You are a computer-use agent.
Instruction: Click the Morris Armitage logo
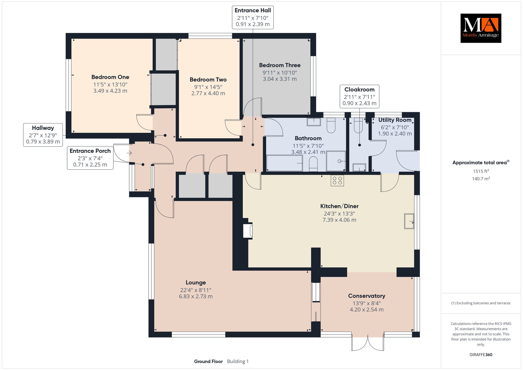[481, 28]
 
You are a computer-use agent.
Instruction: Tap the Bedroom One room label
[110, 77]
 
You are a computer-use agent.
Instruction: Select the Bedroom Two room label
[208, 80]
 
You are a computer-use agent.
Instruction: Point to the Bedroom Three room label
[280, 65]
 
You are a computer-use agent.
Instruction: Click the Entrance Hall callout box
[253, 17]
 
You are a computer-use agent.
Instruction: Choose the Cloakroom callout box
[359, 96]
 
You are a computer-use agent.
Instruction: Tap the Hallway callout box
[43, 135]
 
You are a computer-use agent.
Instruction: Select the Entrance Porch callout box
[90, 158]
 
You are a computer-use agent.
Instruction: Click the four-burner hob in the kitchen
[337, 180]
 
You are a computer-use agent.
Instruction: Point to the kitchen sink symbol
[409, 221]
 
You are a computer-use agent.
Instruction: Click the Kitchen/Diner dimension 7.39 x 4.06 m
[339, 220]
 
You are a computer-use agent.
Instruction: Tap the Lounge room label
[196, 283]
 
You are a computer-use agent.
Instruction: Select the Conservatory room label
[366, 296]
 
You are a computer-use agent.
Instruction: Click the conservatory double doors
[368, 342]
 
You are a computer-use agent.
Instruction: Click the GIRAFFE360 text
[481, 355]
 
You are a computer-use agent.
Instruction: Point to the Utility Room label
[395, 120]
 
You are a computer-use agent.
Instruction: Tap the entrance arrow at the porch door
[129, 153]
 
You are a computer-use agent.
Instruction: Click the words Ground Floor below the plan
[208, 361]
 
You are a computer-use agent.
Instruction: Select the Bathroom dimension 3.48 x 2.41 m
[308, 152]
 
